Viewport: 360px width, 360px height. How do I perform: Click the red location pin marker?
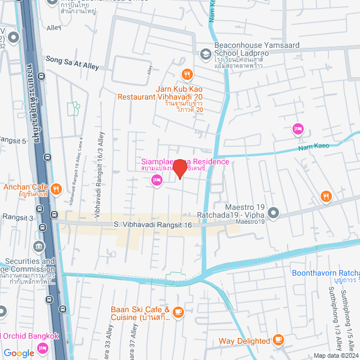[179, 168]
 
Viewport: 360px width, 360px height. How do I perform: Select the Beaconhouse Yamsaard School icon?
[205, 54]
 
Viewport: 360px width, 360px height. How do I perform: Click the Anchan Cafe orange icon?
[56, 188]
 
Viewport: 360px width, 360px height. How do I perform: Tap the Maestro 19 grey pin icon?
[273, 213]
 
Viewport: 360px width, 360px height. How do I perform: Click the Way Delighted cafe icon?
[278, 340]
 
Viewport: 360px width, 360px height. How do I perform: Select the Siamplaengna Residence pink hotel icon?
[156, 180]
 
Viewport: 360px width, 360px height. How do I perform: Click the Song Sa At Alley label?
[72, 66]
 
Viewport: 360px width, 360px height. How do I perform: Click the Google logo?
[18, 353]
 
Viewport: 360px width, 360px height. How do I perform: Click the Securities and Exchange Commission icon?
[39, 246]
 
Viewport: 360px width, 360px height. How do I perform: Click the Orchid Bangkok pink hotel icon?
[43, 349]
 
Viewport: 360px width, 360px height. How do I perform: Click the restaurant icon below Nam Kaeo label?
[326, 196]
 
